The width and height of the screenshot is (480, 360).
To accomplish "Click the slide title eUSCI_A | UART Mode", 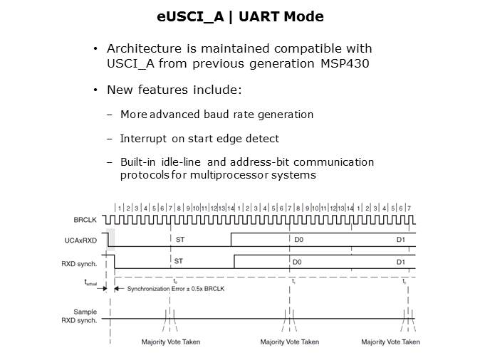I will click(x=239, y=16).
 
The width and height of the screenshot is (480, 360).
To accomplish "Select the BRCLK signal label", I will click(x=85, y=220).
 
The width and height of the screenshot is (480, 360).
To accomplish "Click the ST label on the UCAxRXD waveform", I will click(x=179, y=240).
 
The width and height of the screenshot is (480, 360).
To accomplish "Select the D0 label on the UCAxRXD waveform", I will click(x=298, y=240).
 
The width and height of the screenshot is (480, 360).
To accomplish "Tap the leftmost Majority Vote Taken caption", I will click(x=171, y=342).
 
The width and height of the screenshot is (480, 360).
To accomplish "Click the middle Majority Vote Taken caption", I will click(x=289, y=342).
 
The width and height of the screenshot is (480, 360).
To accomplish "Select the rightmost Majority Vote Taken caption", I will click(x=390, y=342).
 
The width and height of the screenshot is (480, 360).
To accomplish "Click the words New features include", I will click(x=174, y=90).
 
